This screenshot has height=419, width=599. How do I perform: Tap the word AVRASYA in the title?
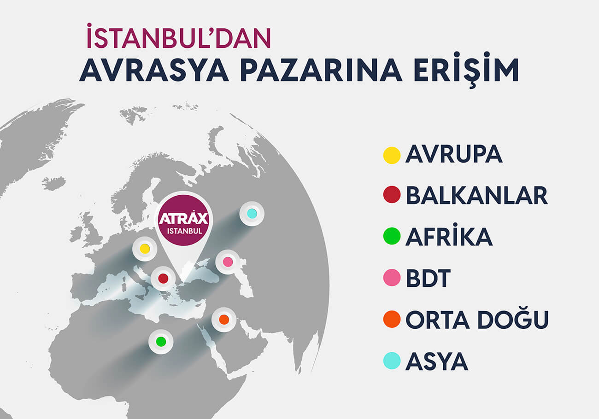pyautogui.click(x=154, y=70)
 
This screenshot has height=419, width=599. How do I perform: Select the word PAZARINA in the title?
pyautogui.click(x=321, y=70)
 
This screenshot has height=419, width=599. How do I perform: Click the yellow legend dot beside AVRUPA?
pyautogui.click(x=392, y=155)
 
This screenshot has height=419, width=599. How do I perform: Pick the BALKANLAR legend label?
pyautogui.click(x=477, y=195)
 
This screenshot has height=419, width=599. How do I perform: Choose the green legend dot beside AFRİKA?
pyautogui.click(x=392, y=236)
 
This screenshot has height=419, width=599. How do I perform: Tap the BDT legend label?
pyautogui.click(x=429, y=278)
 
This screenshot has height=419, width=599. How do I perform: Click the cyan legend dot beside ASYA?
pyautogui.click(x=392, y=361)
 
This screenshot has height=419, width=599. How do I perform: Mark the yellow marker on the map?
pyautogui.click(x=145, y=249)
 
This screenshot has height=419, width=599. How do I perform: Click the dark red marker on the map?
pyautogui.click(x=163, y=279)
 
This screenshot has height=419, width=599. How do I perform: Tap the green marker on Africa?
pyautogui.click(x=161, y=342)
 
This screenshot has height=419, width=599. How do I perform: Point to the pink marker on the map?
pyautogui.click(x=228, y=262)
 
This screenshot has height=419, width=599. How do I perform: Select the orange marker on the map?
pyautogui.click(x=224, y=320)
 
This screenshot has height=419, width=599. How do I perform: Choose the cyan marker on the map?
pyautogui.click(x=252, y=214)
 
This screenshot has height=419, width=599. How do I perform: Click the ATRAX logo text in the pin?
pyautogui.click(x=183, y=218)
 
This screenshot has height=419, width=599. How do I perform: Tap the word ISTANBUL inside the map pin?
pyautogui.click(x=184, y=231)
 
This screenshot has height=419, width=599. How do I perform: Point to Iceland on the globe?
pyautogui.click(x=54, y=183)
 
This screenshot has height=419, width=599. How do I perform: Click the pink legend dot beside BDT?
pyautogui.click(x=392, y=278)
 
